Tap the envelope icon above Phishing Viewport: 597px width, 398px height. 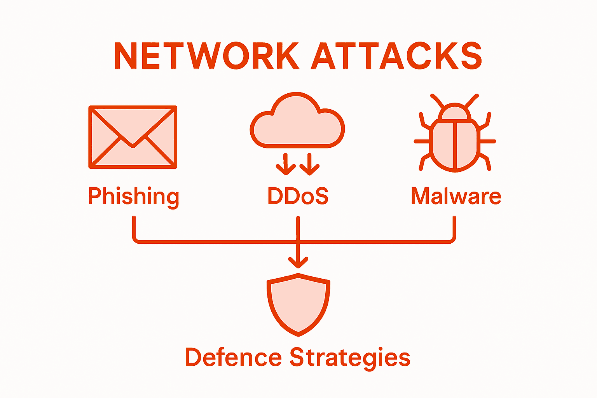(x=133, y=137)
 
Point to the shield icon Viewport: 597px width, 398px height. (x=298, y=305)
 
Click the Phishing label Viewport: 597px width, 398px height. (x=133, y=197)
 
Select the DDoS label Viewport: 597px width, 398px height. (x=298, y=196)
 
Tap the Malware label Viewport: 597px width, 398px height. (x=456, y=196)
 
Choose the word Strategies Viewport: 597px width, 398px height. (x=350, y=358)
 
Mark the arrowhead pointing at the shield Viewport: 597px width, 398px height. (x=298, y=262)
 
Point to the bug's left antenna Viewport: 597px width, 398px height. (x=437, y=100)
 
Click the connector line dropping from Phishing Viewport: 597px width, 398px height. (x=134, y=227)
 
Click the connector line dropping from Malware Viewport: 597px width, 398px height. (x=454, y=227)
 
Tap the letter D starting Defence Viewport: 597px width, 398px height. (x=193, y=358)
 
